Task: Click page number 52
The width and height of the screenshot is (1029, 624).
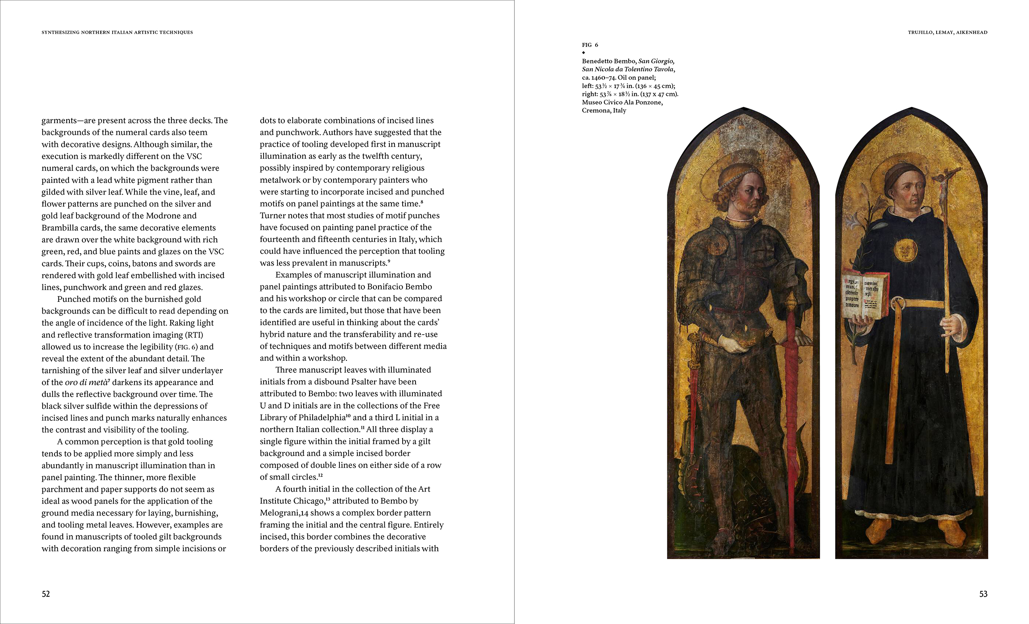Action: [46, 594]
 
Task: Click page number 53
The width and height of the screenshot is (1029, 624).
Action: [983, 594]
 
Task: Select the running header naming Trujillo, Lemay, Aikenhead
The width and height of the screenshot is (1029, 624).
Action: [947, 32]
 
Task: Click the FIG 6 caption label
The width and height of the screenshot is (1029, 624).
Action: [590, 45]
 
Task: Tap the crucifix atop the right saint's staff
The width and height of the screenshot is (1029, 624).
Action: [945, 180]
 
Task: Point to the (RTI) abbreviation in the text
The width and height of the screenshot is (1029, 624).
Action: [194, 335]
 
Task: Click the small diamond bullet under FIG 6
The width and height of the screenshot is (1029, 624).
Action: [584, 53]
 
